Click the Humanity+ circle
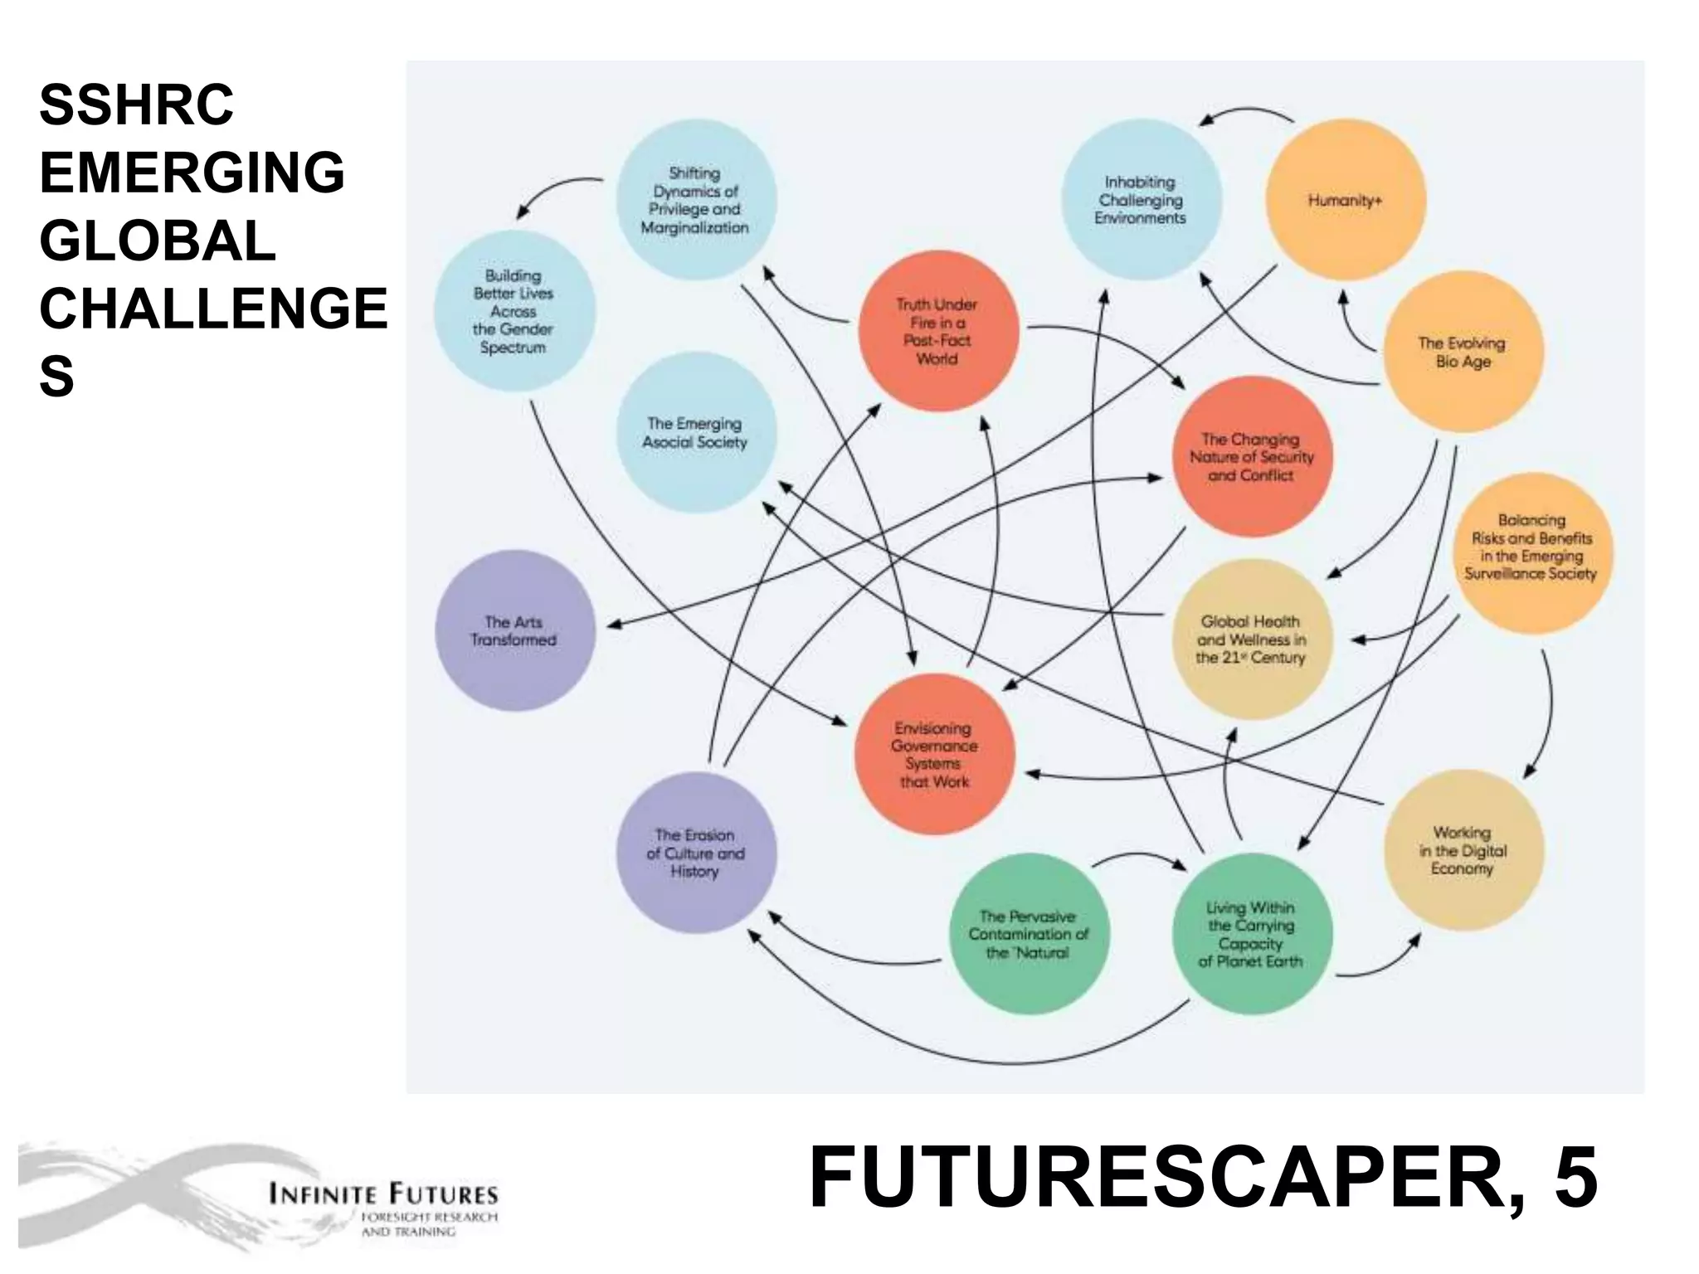tap(1345, 200)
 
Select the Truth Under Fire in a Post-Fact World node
tap(937, 331)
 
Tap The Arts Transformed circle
tap(514, 630)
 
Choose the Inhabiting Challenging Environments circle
tap(1141, 200)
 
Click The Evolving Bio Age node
tap(1463, 352)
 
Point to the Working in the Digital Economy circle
tap(1463, 850)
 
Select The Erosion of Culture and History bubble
tap(695, 853)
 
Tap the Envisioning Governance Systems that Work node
tap(935, 754)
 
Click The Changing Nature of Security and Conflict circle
tap(1252, 457)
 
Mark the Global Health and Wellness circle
tap(1251, 639)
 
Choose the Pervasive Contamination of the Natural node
tap(1029, 934)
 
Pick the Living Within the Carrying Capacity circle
tap(1251, 934)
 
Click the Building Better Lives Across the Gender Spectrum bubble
tap(514, 311)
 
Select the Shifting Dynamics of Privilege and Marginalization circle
tap(695, 200)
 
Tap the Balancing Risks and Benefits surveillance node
tap(1531, 547)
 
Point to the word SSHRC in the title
tap(137, 105)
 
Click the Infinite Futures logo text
tap(383, 1195)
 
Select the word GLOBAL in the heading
tap(158, 241)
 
